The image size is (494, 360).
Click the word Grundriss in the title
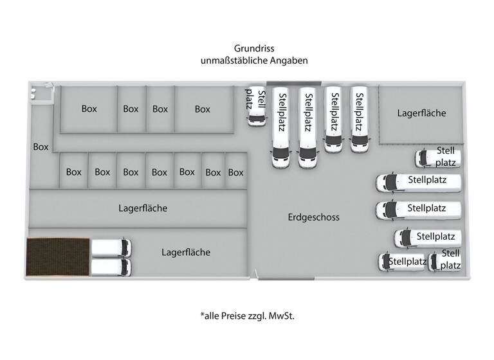click(x=253, y=48)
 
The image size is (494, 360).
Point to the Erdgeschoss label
click(x=313, y=217)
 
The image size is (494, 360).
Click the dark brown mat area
click(x=58, y=256)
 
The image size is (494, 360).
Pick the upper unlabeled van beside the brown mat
click(x=111, y=248)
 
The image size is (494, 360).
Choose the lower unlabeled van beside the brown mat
click(x=111, y=267)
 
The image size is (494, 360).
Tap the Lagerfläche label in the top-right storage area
click(x=421, y=113)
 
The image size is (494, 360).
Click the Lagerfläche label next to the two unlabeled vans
click(x=186, y=253)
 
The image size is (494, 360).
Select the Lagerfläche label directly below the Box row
click(x=143, y=208)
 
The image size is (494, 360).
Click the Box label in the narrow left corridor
click(x=41, y=147)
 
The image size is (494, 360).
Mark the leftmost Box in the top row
click(x=89, y=109)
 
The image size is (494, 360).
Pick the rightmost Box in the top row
click(x=203, y=109)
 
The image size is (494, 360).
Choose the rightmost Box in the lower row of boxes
click(x=236, y=172)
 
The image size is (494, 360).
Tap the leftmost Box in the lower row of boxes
click(x=74, y=172)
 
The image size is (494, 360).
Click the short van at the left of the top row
click(x=256, y=106)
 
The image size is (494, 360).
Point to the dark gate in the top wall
click(x=293, y=83)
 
